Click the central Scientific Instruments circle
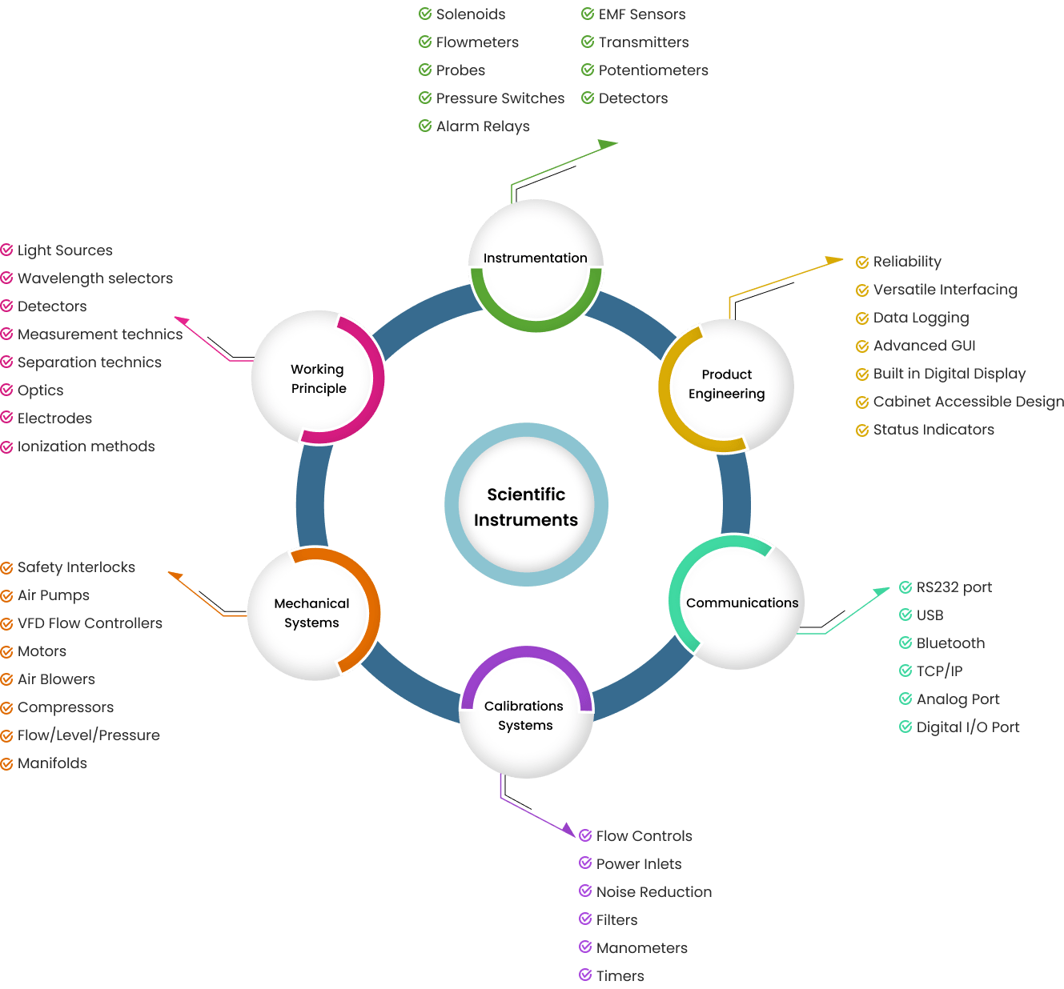coord(526,506)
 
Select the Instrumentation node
coord(536,258)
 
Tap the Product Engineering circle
coord(726,385)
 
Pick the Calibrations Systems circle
coord(525,715)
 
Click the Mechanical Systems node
coord(312,614)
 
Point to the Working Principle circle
coord(318,378)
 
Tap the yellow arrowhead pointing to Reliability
coord(834,260)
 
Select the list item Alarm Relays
coord(483,126)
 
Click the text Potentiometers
coord(653,70)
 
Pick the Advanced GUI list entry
coord(924,346)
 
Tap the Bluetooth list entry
coord(950,643)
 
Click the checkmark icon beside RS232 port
coord(905,587)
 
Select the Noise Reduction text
coord(653,892)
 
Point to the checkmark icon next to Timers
coord(585,975)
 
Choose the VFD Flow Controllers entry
coord(90,623)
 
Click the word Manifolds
coord(52,763)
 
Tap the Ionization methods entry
coord(86,446)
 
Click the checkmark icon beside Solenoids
coord(425,14)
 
